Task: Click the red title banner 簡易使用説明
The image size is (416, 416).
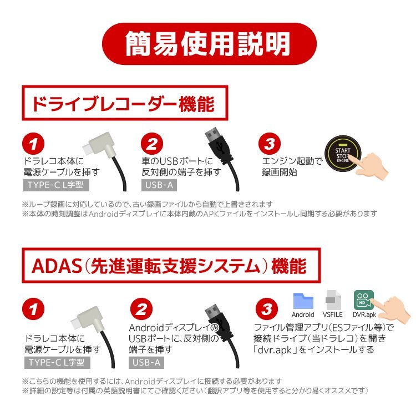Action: click(x=209, y=43)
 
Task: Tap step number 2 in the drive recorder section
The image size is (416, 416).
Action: click(x=151, y=145)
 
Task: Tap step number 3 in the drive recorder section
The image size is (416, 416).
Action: click(x=270, y=145)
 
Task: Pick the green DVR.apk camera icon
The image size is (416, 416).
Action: click(x=364, y=300)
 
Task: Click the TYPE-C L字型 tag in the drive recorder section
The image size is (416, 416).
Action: click(x=58, y=185)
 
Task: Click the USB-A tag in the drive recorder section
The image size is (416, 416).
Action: click(x=158, y=185)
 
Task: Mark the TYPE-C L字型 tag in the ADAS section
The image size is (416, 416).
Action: click(x=58, y=363)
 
